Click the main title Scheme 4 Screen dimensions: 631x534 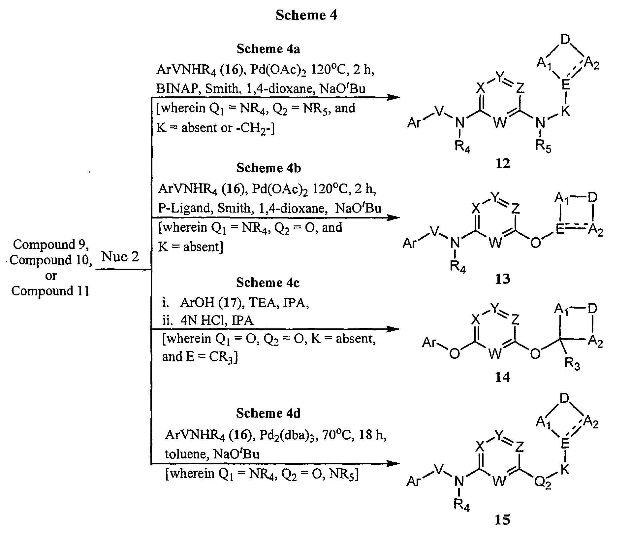[x=306, y=15]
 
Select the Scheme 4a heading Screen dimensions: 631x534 [x=268, y=49]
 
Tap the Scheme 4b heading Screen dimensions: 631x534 [x=268, y=168]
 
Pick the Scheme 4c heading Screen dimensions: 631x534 [x=268, y=283]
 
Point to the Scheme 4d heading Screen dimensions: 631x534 [x=268, y=413]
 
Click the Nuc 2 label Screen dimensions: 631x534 [x=120, y=256]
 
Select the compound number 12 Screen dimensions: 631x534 [x=503, y=163]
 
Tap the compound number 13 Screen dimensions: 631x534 [x=502, y=279]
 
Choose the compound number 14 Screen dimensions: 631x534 [x=503, y=377]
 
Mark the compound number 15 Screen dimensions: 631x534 [x=502, y=520]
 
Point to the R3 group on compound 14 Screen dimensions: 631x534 [x=572, y=364]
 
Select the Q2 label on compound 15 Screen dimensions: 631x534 [x=543, y=483]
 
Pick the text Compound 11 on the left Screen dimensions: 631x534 [x=51, y=291]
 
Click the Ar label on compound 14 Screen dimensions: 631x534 [x=429, y=343]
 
